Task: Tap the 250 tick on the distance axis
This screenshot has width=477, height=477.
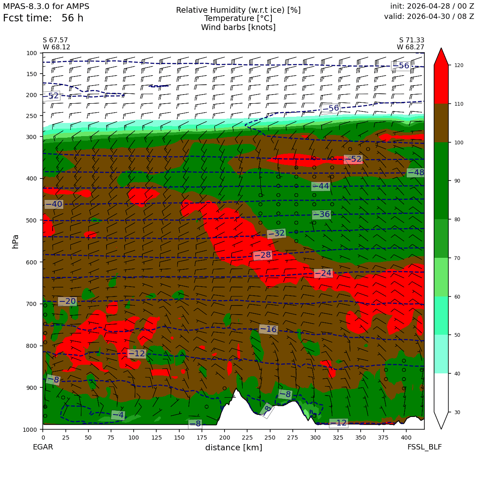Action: (x=270, y=438)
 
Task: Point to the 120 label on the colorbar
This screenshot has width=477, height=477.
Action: (x=459, y=65)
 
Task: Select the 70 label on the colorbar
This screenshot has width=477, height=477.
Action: (x=457, y=258)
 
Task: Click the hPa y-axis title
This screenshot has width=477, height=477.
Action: (x=15, y=242)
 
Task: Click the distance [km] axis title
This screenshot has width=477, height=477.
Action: (x=234, y=447)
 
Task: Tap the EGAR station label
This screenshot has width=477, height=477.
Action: (x=43, y=447)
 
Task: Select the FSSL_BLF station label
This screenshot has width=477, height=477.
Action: (x=424, y=447)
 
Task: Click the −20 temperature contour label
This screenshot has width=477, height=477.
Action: (x=67, y=301)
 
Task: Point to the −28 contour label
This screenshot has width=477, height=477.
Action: (x=262, y=255)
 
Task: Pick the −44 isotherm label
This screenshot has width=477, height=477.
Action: (x=321, y=186)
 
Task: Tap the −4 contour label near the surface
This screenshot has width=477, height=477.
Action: (x=118, y=415)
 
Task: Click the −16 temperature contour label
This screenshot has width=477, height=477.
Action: (x=268, y=329)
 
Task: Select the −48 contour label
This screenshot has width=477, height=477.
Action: (x=416, y=172)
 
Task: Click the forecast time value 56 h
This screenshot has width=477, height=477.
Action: (x=72, y=18)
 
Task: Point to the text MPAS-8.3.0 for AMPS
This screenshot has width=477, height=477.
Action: (x=46, y=6)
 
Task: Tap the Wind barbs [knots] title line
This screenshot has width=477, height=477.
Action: (x=238, y=28)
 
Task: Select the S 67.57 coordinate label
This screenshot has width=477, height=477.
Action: (x=56, y=40)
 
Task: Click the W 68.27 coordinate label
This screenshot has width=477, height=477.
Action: (x=410, y=47)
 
